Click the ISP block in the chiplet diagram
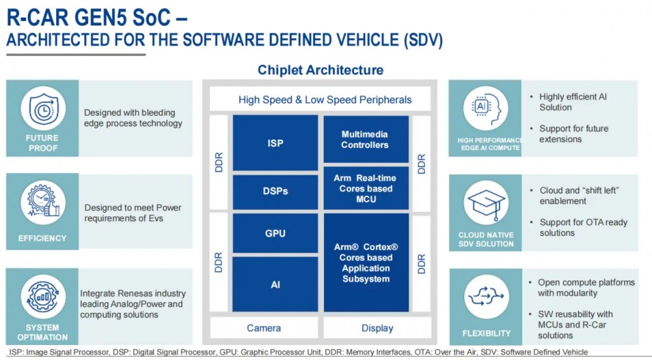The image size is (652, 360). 275,143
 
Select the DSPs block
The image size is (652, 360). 275,192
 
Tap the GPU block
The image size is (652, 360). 275,233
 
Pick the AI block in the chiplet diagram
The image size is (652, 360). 275,284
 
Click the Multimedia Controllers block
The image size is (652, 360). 366,140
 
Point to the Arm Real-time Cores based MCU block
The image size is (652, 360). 366,188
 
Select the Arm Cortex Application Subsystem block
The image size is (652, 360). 366,263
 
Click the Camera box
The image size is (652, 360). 263,328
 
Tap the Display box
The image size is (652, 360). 377,328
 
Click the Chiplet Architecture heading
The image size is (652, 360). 320,69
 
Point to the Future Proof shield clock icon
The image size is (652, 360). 43,109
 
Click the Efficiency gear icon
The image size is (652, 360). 43,202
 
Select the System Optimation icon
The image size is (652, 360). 43,296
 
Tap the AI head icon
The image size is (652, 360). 486,108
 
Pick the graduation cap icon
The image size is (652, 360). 486,202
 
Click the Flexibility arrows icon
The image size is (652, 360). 486,296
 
